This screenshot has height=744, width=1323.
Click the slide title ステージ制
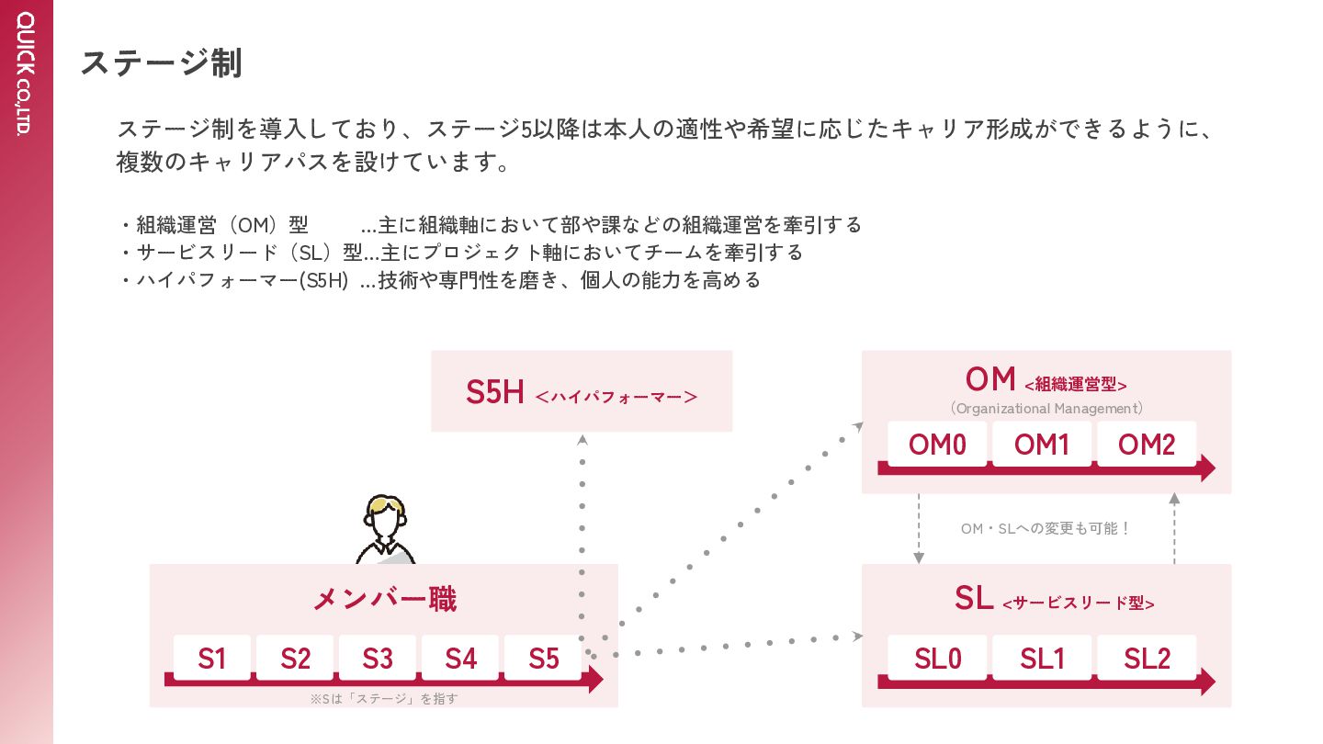click(x=162, y=63)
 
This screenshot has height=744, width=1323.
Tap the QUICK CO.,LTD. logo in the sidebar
click(x=25, y=73)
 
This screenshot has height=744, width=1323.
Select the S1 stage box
click(x=212, y=659)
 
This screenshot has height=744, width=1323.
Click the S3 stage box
click(x=378, y=659)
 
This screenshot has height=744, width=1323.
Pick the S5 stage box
click(x=544, y=659)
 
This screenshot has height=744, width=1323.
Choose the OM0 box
click(x=937, y=445)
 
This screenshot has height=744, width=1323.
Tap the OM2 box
click(x=1147, y=445)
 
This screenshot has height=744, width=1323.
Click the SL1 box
click(x=1042, y=659)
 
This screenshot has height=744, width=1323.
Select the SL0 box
click(x=937, y=659)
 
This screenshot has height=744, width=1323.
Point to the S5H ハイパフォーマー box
click(x=582, y=392)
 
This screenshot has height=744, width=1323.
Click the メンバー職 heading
click(x=384, y=599)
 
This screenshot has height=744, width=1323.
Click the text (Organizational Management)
click(x=1046, y=409)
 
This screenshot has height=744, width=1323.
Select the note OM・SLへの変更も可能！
click(x=1046, y=529)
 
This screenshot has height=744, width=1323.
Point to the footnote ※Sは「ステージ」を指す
click(x=384, y=699)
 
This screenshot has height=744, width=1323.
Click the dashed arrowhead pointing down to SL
click(x=919, y=557)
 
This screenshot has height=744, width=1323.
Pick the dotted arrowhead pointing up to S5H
click(x=582, y=440)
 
